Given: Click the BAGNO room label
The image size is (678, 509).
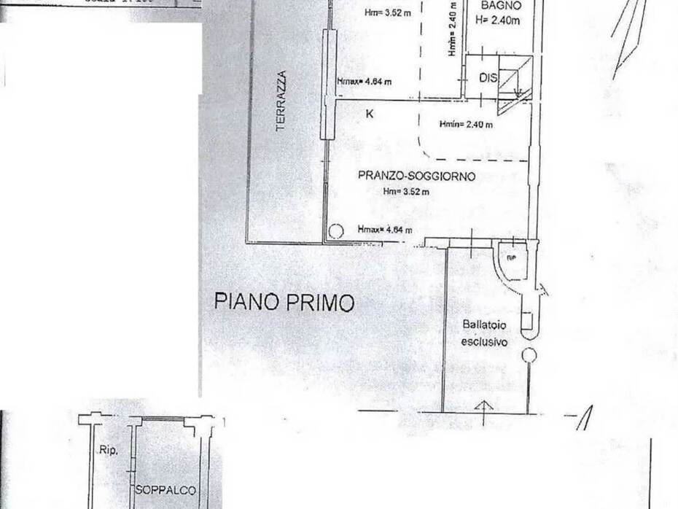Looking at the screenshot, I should click(499, 7).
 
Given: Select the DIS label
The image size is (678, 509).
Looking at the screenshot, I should click(488, 77).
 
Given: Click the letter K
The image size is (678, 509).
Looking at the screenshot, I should click(370, 113).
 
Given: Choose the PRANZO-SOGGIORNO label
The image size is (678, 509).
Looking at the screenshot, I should click(416, 176).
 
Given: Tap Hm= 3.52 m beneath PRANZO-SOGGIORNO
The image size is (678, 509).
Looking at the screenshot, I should click(406, 192).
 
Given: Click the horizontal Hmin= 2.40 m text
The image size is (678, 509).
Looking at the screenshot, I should click(466, 125).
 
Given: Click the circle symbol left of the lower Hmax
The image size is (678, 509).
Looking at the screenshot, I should click(335, 232).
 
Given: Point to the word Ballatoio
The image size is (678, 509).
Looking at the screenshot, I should click(484, 325).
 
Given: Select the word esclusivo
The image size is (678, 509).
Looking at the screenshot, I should click(484, 341).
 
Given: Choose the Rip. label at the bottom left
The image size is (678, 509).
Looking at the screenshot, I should click(109, 450).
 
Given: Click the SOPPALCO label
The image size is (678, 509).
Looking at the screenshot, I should click(165, 491).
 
